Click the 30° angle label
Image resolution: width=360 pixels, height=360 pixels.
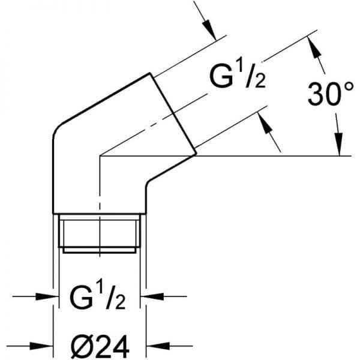(x=331, y=94)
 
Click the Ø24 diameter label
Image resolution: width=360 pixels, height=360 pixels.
(x=100, y=347)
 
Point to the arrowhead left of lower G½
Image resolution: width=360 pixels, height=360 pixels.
(x=47, y=296)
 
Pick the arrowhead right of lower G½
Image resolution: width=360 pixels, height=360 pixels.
(x=152, y=296)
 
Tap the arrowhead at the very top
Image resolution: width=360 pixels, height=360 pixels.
(x=209, y=30)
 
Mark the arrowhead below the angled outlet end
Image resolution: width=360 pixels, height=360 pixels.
(x=265, y=122)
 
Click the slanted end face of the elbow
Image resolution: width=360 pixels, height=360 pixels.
(x=173, y=113)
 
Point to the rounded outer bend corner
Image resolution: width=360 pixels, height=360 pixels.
(x=57, y=131)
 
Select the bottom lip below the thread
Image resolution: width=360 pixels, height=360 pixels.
(x=100, y=250)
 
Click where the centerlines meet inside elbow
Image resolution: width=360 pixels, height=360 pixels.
(x=100, y=156)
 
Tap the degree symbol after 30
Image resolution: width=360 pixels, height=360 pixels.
(x=349, y=87)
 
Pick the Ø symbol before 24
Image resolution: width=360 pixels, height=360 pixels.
(x=80, y=347)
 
